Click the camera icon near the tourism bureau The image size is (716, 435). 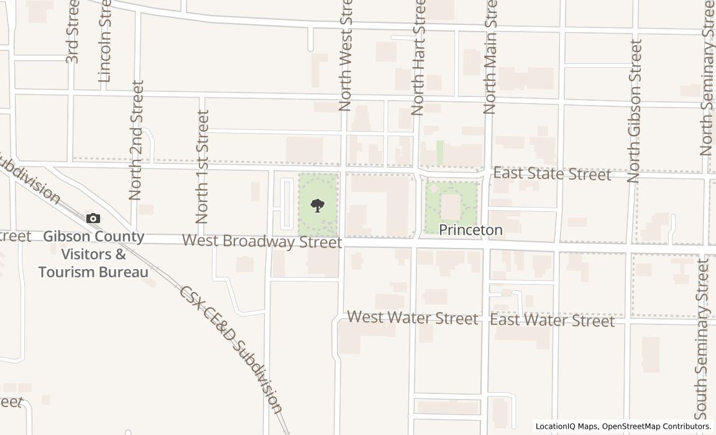tap(93, 218)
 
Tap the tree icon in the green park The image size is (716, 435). tap(318, 205)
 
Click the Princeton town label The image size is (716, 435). tap(470, 230)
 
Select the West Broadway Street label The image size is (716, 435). tap(262, 241)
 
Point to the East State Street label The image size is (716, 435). tap(552, 174)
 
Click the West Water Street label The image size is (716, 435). tap(413, 318)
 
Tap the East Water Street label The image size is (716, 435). tap(552, 321)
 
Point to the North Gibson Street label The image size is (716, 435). tap(634, 111)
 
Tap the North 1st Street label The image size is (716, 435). tap(202, 167)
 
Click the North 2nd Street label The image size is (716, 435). tap(136, 140)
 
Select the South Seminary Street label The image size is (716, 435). tap(702, 339)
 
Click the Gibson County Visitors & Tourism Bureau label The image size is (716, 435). tap(93, 254)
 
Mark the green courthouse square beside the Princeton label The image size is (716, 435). tap(451, 206)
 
